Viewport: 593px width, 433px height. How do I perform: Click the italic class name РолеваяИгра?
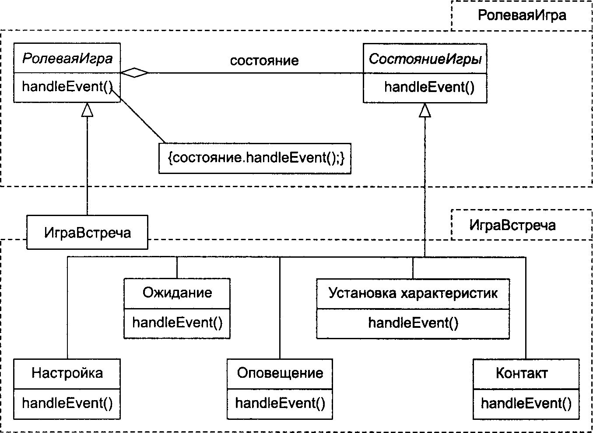pos(67,58)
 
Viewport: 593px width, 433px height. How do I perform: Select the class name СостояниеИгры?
pos(425,59)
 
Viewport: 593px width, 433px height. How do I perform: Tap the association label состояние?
pos(264,61)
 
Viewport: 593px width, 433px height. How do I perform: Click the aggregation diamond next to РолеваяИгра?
pos(134,73)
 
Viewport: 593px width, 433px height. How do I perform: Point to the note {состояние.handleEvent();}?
pos(255,158)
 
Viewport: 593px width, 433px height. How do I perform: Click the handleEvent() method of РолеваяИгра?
pos(67,87)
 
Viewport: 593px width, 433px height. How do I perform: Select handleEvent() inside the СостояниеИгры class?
pos(429,87)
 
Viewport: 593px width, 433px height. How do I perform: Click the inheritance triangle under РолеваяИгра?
pos(87,110)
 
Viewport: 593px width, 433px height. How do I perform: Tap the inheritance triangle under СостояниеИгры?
pos(425,110)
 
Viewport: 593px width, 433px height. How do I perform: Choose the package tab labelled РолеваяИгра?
pos(522,15)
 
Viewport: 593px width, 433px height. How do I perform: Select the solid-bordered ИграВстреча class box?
pos(88,232)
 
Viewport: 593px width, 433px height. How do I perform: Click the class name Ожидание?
pos(177,293)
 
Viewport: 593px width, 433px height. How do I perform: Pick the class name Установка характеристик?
pos(413,293)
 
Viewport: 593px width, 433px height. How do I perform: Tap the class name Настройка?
pos(67,373)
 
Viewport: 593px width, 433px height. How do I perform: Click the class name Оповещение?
pos(280,373)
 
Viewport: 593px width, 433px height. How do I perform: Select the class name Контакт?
pos(522,373)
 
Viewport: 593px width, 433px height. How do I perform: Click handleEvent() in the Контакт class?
pos(526,403)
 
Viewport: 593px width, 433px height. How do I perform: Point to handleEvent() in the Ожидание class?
pos(177,323)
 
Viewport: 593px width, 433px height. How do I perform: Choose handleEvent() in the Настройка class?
pos(67,403)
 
